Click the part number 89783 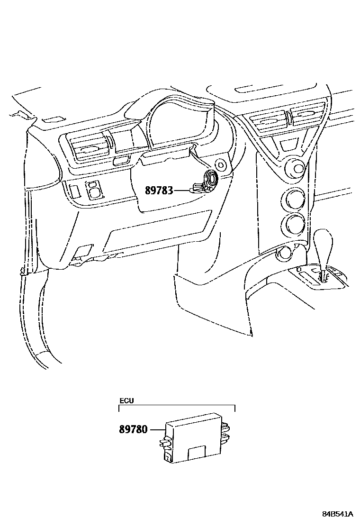[153, 191]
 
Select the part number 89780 [133, 430]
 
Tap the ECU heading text [126, 401]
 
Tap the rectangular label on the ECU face [196, 452]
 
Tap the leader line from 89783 [182, 191]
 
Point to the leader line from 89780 [156, 430]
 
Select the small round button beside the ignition [221, 165]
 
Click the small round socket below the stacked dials [284, 253]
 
